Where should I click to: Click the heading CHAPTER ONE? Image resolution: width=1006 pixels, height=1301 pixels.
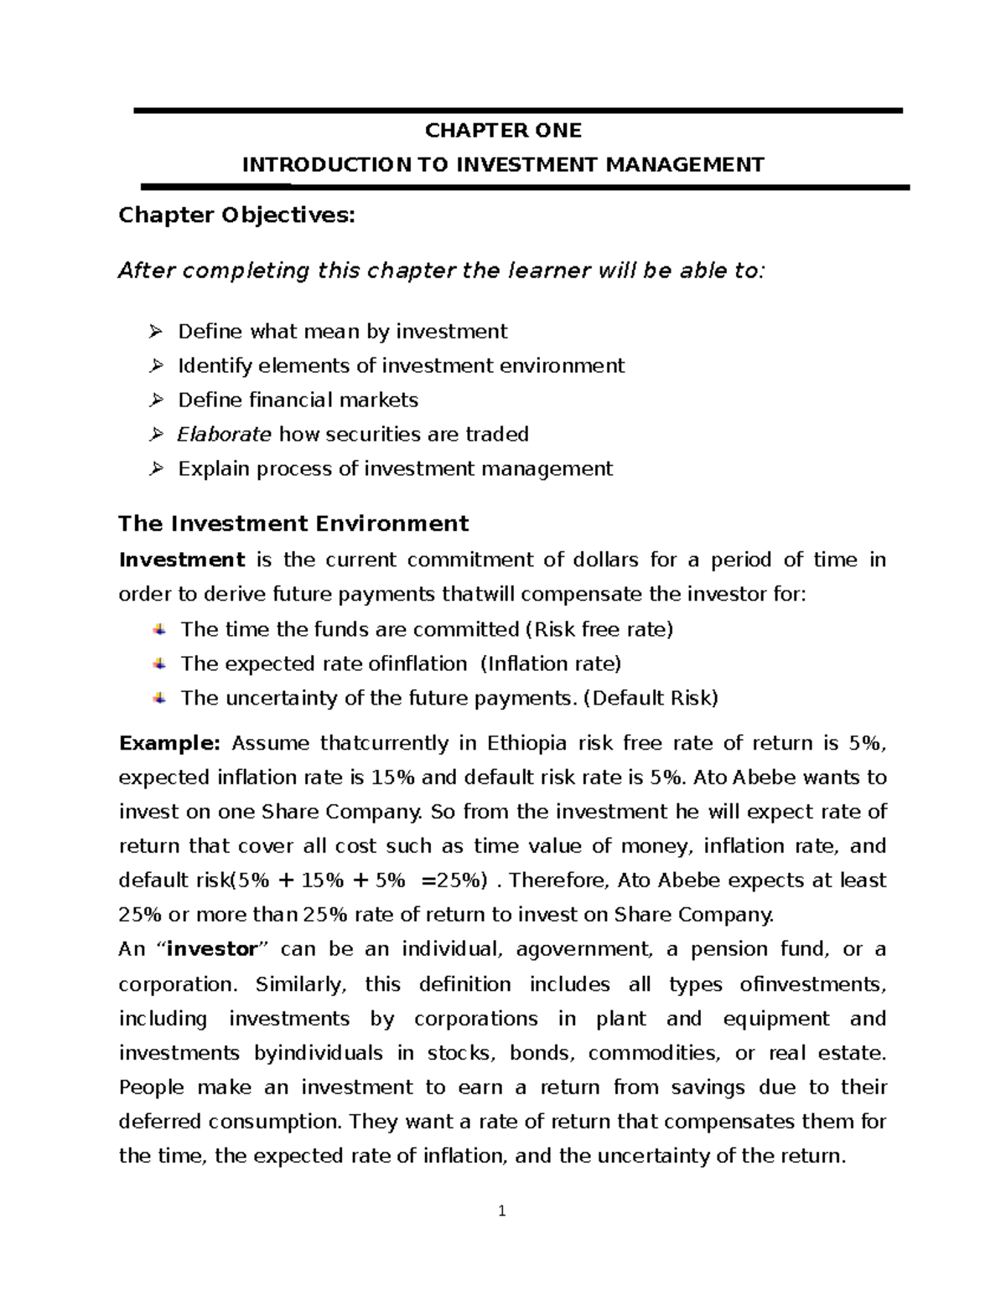(x=503, y=131)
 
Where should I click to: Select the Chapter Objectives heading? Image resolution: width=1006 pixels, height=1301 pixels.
(x=236, y=216)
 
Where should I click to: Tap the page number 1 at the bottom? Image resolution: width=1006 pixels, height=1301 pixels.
(x=501, y=1211)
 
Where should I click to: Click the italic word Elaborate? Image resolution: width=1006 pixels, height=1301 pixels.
(x=224, y=434)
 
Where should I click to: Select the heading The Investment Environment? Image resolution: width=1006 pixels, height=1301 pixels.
(x=293, y=524)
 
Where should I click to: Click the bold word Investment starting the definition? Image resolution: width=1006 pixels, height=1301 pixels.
(x=182, y=560)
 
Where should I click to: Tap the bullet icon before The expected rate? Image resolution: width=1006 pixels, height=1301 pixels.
(x=158, y=663)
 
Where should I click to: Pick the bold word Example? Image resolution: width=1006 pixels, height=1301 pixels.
(x=169, y=743)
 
